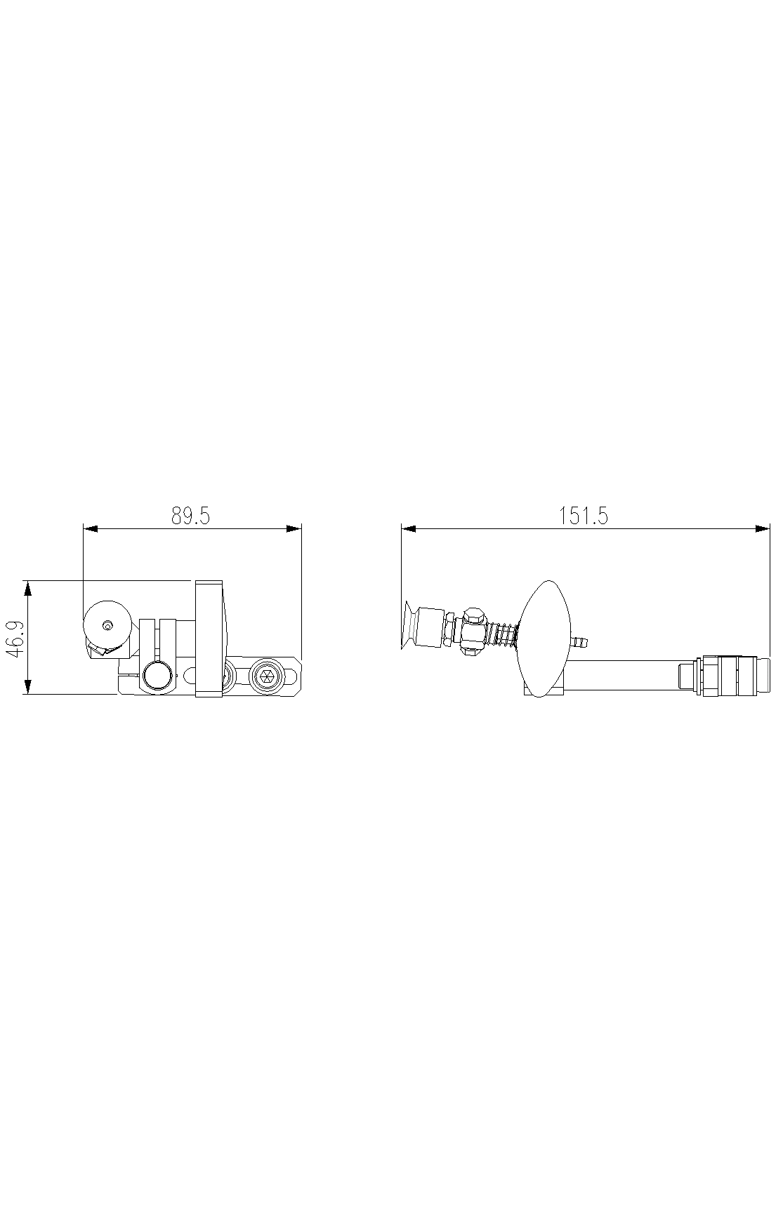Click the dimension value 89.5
(191, 516)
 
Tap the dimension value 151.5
(584, 516)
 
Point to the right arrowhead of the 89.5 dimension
(294, 528)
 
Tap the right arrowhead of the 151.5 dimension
(763, 528)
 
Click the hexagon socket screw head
(266, 676)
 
